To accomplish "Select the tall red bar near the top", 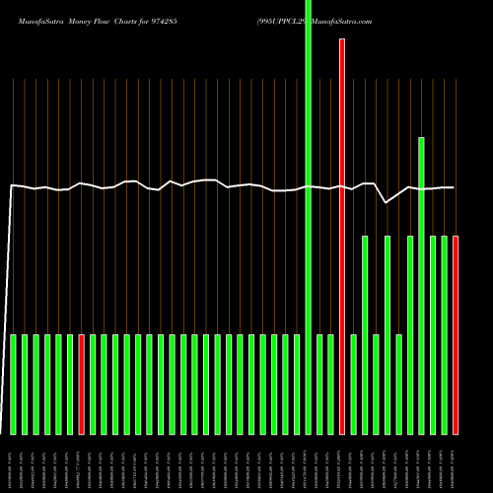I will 342,237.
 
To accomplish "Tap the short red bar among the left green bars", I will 82,385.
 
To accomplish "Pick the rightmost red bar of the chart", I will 456,335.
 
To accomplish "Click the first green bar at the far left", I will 14,385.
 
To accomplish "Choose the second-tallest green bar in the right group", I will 421,286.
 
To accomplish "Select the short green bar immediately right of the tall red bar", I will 353,385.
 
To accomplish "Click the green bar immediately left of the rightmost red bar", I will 444,335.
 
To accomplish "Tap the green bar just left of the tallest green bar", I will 297,385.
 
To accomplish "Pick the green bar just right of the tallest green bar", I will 319,385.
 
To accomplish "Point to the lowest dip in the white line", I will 387,202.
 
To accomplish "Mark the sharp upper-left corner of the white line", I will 12,184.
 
